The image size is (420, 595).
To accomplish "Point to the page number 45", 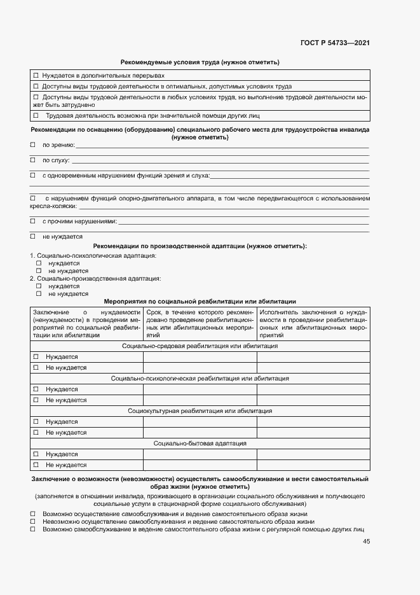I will [366, 542].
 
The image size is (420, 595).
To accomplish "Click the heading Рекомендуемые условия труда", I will [200, 62].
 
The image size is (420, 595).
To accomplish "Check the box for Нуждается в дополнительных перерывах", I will [36, 76].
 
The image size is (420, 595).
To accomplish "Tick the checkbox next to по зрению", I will [33, 145].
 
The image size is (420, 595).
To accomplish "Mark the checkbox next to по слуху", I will [33, 160].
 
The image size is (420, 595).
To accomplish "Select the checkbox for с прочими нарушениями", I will [33, 221].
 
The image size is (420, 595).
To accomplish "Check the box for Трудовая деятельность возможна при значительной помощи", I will [36, 116].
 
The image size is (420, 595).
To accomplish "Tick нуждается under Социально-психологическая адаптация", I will [39, 263].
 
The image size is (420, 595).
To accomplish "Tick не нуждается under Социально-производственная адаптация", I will [39, 294].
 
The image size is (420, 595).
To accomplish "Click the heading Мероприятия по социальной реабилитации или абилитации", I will [200, 301].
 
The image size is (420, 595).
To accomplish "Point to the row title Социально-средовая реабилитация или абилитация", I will [200, 346].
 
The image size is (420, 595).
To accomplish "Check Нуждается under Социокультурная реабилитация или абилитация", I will [36, 422].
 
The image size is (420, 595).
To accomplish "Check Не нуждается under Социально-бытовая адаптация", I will [36, 465].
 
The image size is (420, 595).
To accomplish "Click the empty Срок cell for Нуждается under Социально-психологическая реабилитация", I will [200, 389].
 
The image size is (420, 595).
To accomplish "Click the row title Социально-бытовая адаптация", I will [200, 444].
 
